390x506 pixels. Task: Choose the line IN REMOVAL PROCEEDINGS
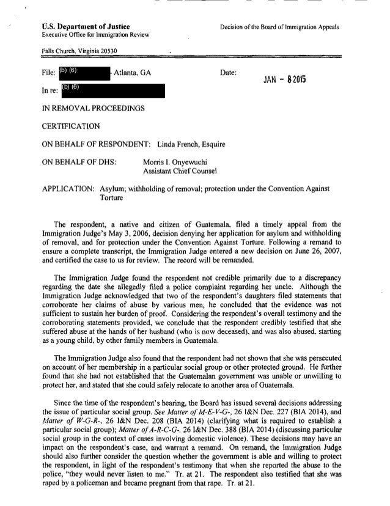pyautogui.click(x=84, y=109)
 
